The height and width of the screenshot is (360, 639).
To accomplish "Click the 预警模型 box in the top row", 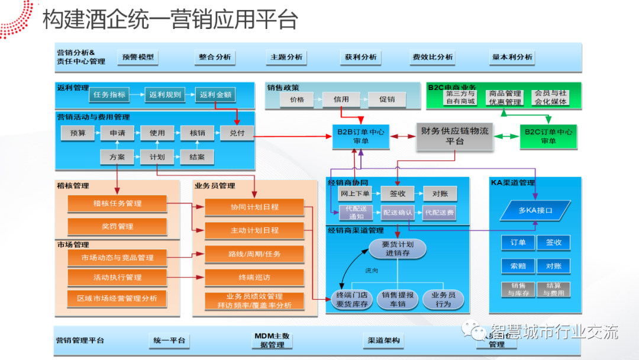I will [x=138, y=57].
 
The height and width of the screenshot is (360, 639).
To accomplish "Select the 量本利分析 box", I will [x=512, y=57].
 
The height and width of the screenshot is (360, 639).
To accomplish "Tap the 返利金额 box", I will [x=215, y=95].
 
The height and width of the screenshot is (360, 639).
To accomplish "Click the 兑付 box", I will [x=237, y=133].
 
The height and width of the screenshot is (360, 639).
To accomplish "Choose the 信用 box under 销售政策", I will [x=341, y=99].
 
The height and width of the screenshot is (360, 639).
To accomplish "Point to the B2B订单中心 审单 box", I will [x=360, y=136].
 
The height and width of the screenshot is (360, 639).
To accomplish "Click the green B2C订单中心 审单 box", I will [x=548, y=136].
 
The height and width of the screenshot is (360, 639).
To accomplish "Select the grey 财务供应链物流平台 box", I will [x=455, y=136].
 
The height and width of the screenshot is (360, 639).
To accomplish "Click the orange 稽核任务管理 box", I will [x=117, y=204].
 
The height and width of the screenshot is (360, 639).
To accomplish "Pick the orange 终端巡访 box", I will [x=254, y=277].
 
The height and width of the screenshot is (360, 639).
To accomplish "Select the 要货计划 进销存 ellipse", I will [x=398, y=249].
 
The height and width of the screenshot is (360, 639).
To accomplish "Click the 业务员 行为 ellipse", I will [x=443, y=300].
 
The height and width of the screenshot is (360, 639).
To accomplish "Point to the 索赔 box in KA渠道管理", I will [x=518, y=266].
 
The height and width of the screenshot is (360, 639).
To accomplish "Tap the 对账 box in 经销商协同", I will [x=440, y=194].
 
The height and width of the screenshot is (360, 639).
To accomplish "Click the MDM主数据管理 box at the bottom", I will [x=272, y=340].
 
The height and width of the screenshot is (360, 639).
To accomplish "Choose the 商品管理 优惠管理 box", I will [x=505, y=98].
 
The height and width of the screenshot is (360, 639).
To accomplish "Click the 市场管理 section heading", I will [x=73, y=245].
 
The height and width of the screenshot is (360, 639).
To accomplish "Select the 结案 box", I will [x=197, y=157].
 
